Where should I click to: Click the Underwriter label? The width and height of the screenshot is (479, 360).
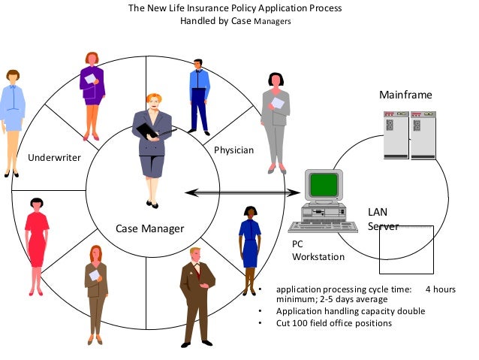click(54, 158)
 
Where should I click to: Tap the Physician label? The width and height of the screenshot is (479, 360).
click(234, 150)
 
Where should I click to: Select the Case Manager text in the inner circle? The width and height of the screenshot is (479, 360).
click(149, 228)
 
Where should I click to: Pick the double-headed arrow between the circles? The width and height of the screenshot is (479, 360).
click(237, 193)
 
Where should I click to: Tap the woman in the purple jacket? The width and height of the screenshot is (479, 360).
click(92, 94)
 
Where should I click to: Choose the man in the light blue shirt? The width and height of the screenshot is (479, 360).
click(200, 94)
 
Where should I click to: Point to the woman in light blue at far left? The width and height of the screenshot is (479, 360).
click(13, 120)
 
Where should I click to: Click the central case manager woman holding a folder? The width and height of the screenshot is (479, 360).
click(152, 147)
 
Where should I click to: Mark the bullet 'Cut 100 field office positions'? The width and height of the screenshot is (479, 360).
click(333, 323)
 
